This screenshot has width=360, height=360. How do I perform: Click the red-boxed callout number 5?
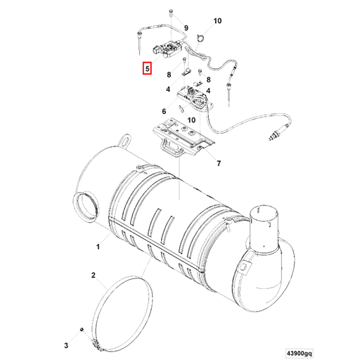[x=147, y=69]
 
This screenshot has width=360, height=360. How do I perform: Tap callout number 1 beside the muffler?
[x=98, y=247]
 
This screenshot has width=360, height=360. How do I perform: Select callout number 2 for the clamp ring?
[x=93, y=275]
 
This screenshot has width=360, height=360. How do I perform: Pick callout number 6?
[x=164, y=110]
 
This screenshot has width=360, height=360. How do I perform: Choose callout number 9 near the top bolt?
[x=186, y=27]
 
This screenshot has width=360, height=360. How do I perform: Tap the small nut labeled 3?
[x=82, y=330]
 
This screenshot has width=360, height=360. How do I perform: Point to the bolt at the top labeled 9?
[x=172, y=14]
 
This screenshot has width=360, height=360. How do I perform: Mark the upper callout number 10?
[x=217, y=21]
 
